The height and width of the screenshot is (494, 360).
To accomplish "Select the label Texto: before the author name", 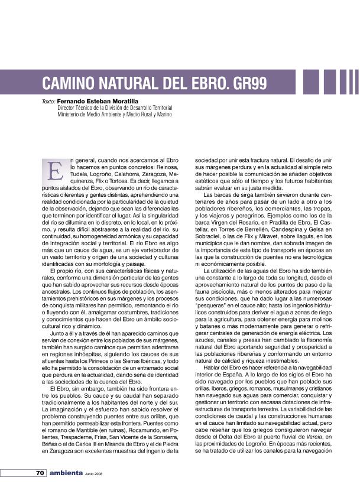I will point(48,102).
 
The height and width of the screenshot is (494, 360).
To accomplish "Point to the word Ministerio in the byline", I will point(70,114).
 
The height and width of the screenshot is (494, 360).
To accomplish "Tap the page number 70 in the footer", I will point(39,473).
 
